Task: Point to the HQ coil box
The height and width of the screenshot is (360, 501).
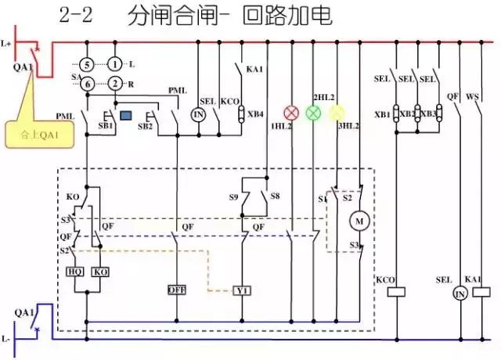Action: [x=76, y=272]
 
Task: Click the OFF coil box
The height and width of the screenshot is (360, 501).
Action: [x=177, y=290]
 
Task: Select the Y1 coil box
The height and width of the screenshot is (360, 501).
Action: [x=243, y=290]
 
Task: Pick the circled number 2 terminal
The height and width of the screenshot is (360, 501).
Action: [x=115, y=83]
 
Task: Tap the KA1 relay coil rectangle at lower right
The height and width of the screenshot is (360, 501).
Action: [x=473, y=292]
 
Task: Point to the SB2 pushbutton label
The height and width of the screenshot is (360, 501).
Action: [x=145, y=126]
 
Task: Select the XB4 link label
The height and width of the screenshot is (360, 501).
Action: [x=255, y=114]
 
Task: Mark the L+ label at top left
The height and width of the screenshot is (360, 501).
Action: [x=8, y=44]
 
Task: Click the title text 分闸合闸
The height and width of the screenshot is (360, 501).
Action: [x=157, y=16]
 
